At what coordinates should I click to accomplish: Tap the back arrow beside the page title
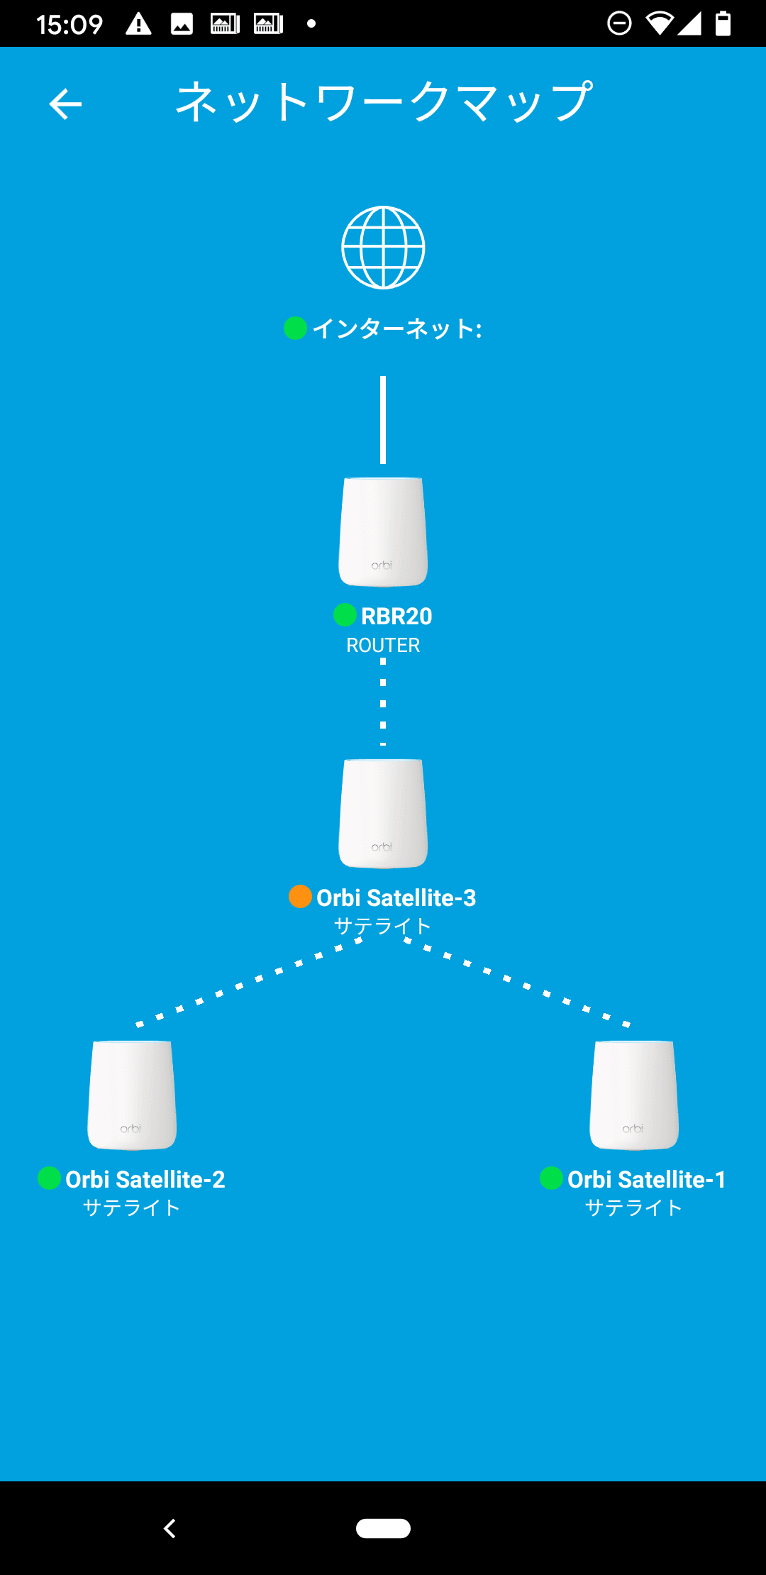point(65,104)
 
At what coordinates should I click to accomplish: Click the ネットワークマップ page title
point(384,101)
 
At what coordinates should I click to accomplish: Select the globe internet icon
point(383,248)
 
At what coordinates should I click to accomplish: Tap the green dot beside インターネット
point(295,328)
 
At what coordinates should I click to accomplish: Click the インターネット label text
point(396,328)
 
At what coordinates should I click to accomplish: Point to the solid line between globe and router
point(383,419)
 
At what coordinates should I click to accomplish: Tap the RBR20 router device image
point(383,531)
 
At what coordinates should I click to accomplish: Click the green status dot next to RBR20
point(345,615)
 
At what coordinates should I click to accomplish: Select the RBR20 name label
point(396,616)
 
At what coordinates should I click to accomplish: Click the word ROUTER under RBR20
point(383,646)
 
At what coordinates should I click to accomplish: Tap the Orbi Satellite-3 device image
point(383,813)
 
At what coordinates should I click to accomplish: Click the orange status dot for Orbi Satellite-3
point(300,897)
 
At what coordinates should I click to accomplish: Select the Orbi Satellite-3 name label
point(396,897)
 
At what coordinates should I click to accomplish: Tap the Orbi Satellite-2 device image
point(132,1095)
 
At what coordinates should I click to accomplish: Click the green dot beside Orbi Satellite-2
point(49,1178)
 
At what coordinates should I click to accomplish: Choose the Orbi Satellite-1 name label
point(646,1179)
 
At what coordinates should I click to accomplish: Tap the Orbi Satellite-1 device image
point(634,1095)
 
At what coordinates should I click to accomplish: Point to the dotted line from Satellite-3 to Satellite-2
point(248,982)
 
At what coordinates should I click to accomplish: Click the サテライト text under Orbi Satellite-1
point(633,1207)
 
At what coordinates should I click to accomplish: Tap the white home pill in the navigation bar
point(383,1528)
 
